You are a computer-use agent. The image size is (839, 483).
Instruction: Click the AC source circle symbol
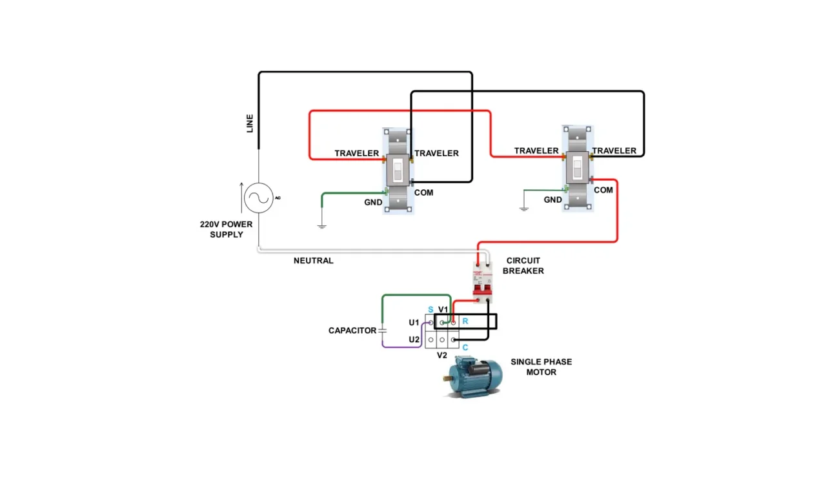259,198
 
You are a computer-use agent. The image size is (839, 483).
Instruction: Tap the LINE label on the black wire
250,123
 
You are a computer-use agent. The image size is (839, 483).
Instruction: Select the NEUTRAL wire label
313,261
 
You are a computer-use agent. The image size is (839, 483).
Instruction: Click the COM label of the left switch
424,192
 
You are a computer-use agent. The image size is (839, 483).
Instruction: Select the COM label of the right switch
603,190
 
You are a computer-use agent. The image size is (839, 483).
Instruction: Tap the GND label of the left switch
373,202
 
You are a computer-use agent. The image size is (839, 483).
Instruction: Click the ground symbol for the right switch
524,208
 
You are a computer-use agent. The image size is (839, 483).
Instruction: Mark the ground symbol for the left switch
321,225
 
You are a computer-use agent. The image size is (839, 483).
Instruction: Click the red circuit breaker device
483,282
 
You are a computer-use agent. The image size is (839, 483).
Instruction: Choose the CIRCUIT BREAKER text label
523,266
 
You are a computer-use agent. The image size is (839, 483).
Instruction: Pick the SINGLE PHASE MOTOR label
541,367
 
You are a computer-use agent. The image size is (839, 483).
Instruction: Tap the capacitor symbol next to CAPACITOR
383,330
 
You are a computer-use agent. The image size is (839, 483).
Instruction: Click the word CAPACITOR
352,331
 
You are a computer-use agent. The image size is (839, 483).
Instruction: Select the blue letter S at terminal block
430,310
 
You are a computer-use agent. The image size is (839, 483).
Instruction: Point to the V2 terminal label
442,355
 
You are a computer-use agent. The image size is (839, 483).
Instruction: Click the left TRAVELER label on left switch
356,153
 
